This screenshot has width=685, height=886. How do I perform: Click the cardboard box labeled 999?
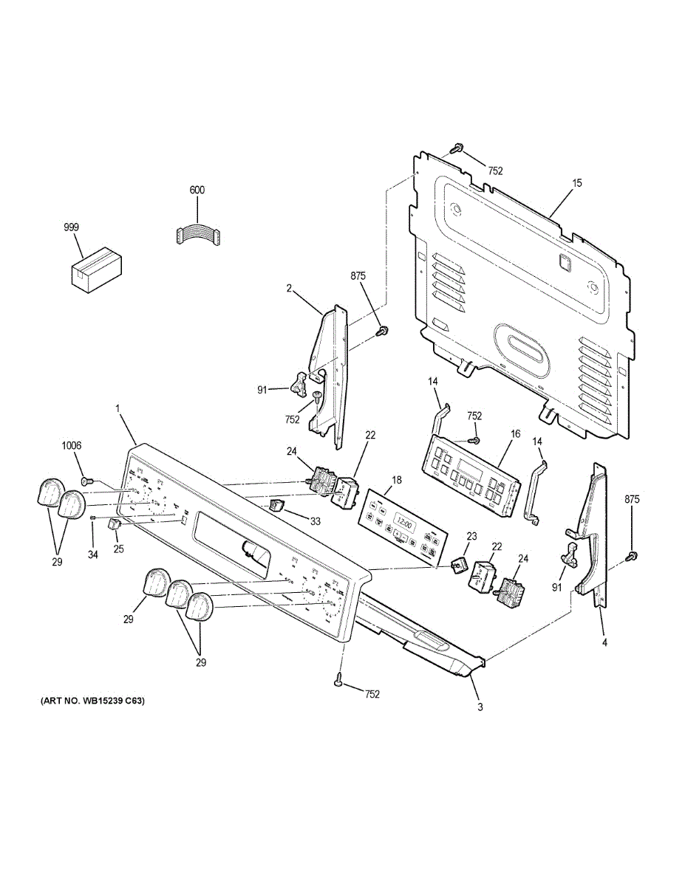click(x=96, y=267)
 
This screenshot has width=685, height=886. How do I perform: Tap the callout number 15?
click(x=576, y=182)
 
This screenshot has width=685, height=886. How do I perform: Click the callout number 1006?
click(x=72, y=445)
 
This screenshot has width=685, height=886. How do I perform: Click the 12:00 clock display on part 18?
click(x=403, y=521)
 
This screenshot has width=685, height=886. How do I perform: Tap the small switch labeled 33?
click(x=276, y=505)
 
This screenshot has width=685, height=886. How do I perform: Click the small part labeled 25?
click(x=114, y=525)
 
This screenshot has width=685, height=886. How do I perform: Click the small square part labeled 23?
click(x=460, y=563)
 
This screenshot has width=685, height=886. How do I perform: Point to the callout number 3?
click(x=480, y=707)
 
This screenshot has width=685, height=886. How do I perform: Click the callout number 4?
click(x=604, y=643)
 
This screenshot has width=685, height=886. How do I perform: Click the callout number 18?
click(x=397, y=480)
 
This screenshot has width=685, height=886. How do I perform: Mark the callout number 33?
click(x=316, y=521)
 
